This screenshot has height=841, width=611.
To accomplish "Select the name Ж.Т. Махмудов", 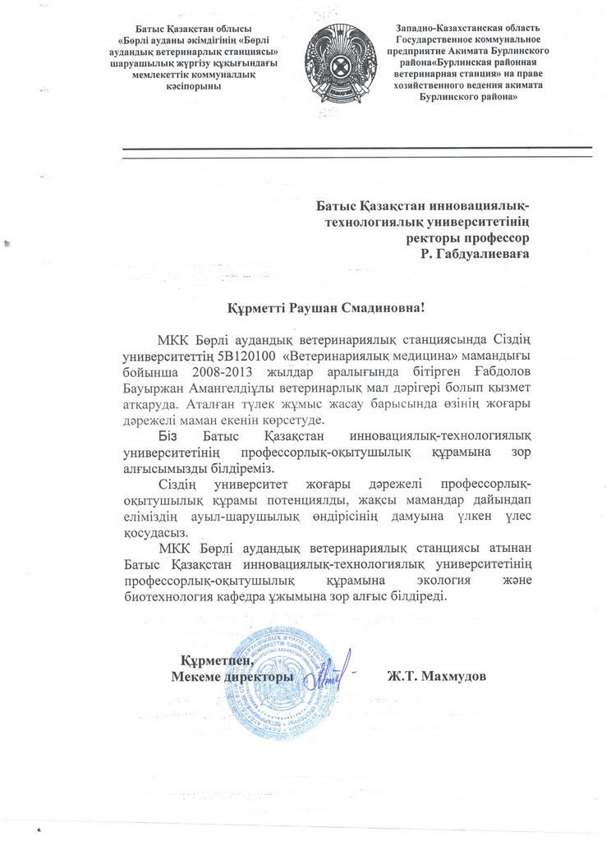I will pos(436,679).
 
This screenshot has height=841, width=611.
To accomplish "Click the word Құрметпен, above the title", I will pos(216,660).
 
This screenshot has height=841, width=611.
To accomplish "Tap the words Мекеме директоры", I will pos(232,679).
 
